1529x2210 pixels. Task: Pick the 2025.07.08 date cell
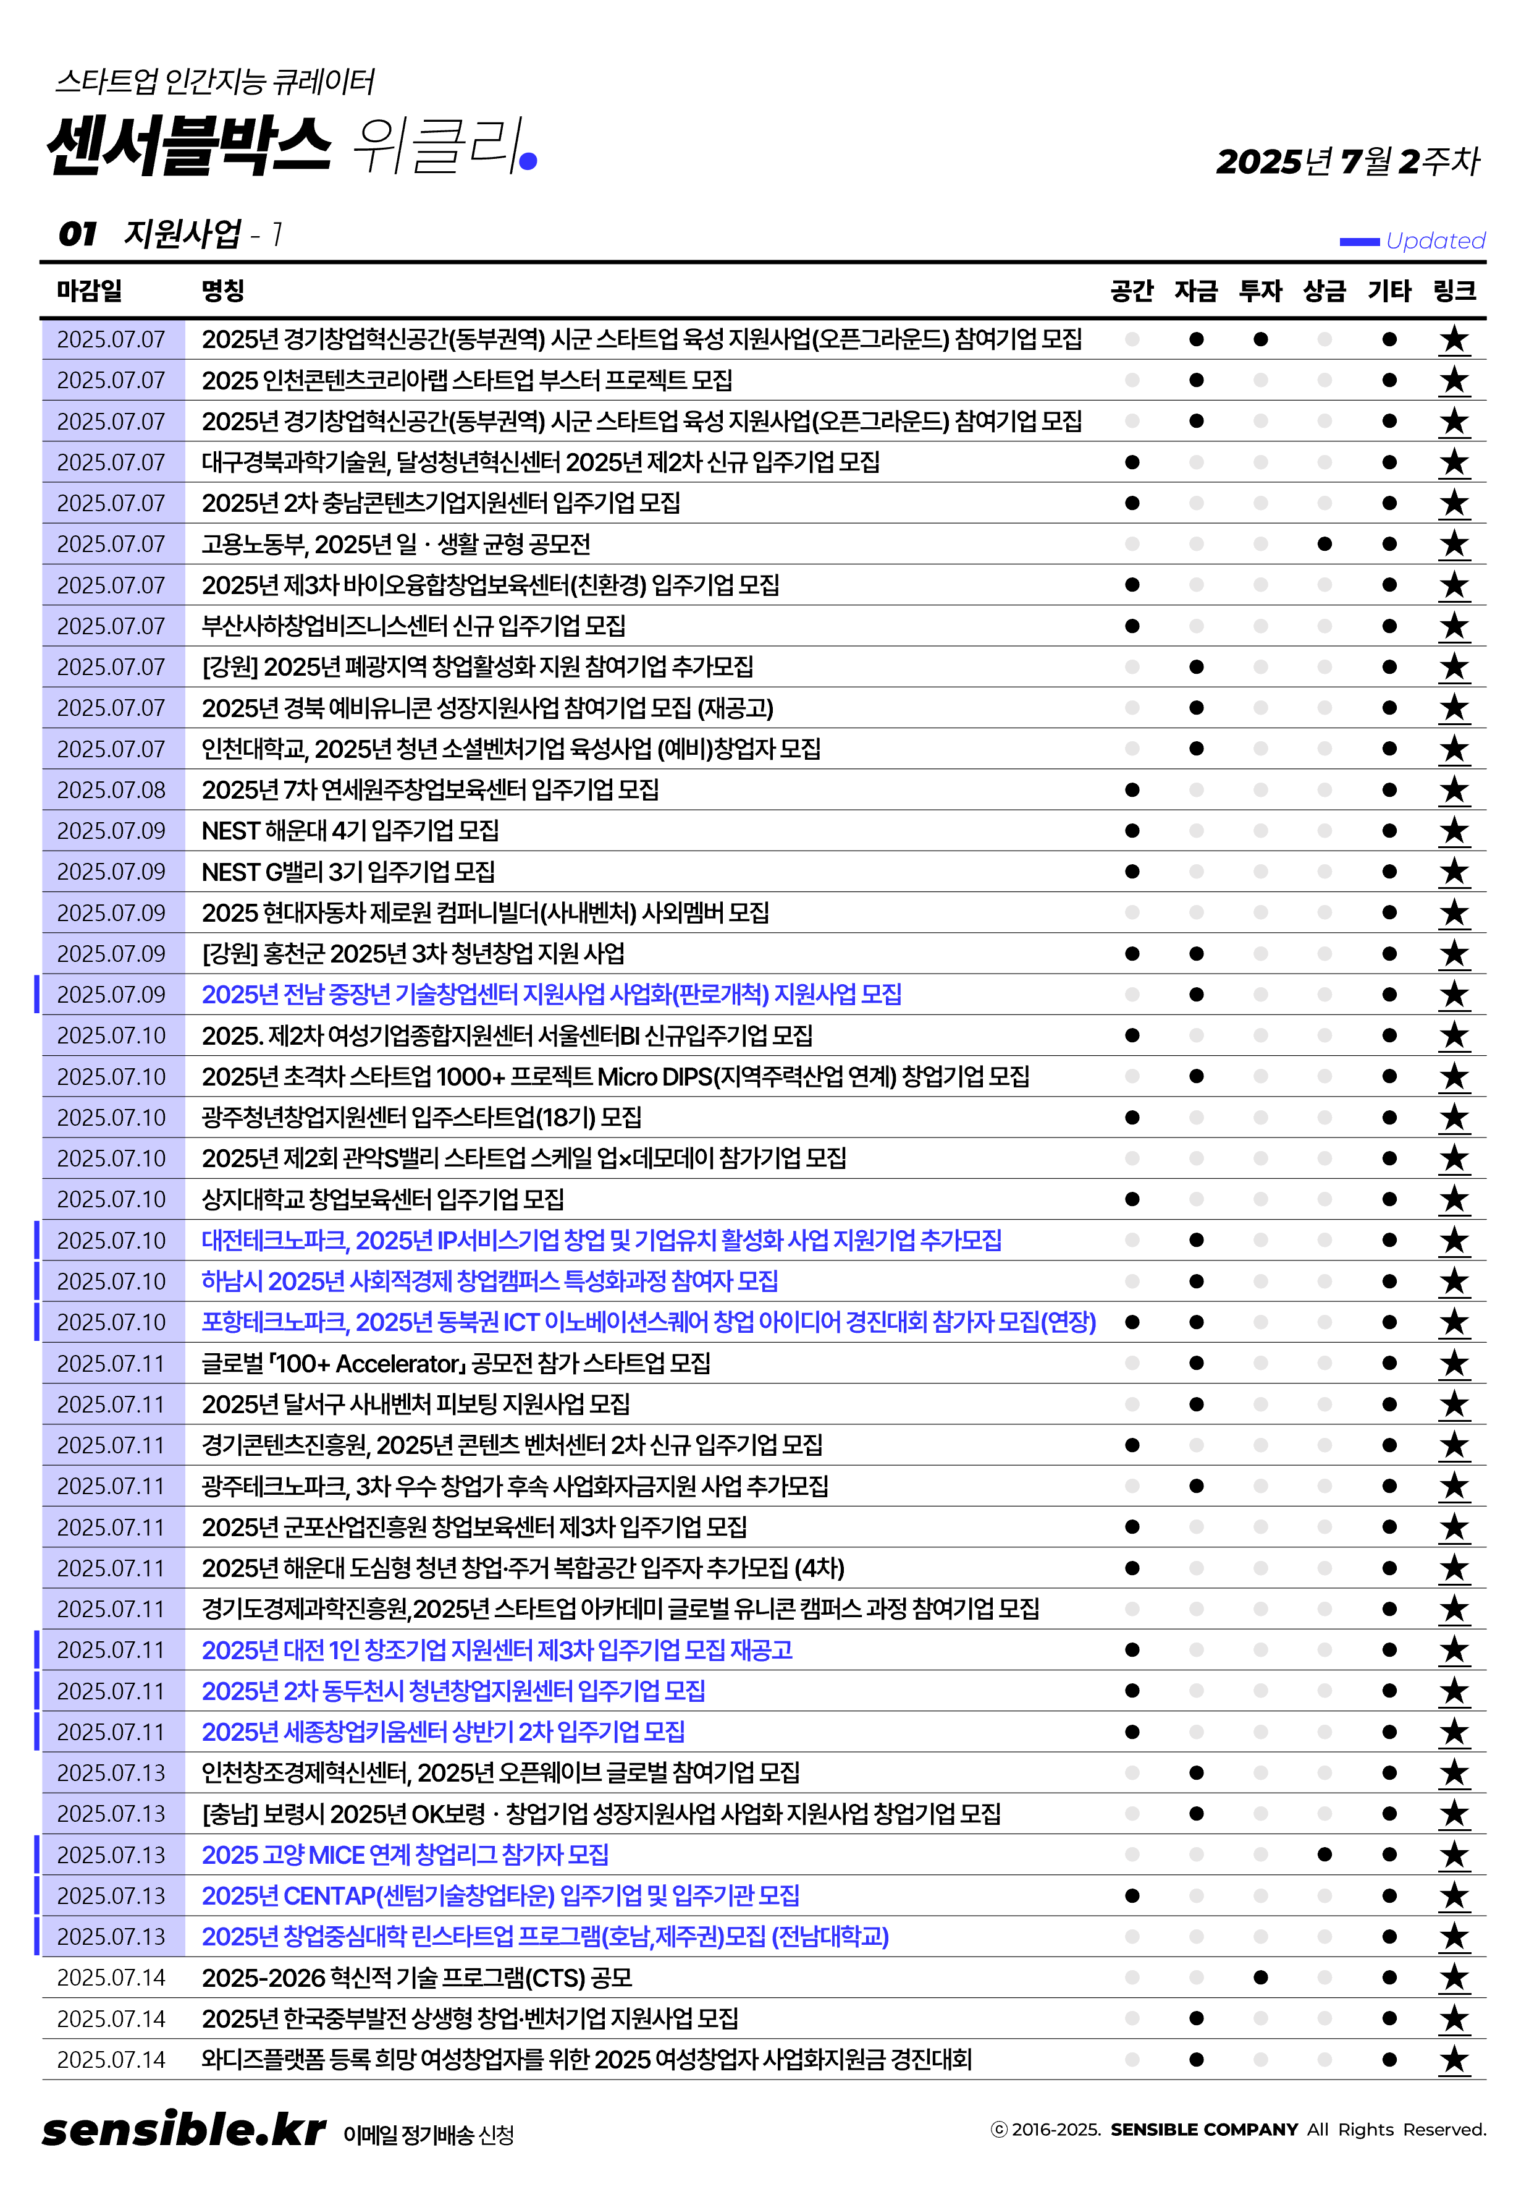[111, 789]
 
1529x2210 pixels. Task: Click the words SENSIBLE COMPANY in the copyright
[1203, 2130]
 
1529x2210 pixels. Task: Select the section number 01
[78, 234]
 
